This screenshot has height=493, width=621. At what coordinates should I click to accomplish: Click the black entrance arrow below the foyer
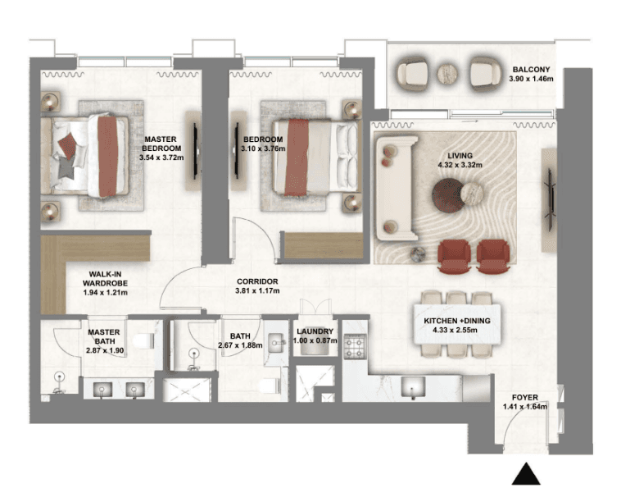coord(526,474)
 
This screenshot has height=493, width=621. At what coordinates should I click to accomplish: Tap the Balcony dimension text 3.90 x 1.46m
coord(531,79)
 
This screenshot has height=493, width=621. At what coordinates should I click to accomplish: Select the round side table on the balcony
coord(447,74)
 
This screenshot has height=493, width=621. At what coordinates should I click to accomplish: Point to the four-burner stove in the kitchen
coord(355,347)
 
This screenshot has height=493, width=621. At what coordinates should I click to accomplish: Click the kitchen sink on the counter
coord(413,386)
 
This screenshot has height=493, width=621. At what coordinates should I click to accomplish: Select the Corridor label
coord(257,281)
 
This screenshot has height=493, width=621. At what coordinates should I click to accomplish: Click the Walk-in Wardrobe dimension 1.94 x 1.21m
coord(106,293)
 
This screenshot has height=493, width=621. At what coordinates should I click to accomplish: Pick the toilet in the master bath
coord(143,341)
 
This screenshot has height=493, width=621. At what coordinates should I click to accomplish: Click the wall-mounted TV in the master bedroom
coord(195,151)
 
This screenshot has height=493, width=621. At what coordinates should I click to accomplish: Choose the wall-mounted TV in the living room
coord(550,199)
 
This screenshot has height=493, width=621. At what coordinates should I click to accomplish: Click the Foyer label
coord(525,397)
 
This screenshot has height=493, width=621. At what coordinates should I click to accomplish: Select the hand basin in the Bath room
coord(277,343)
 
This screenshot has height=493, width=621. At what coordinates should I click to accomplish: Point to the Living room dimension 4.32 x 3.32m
coord(460,165)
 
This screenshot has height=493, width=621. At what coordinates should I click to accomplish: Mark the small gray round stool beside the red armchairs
coord(418,254)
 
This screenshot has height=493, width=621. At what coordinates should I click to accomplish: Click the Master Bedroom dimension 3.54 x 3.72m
coord(161,157)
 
